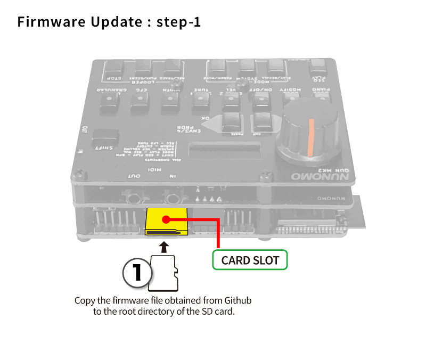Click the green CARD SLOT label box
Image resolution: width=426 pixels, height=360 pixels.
click(250, 260)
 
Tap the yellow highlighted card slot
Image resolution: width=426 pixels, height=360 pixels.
click(167, 222)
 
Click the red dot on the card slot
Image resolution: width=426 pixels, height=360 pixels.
click(167, 219)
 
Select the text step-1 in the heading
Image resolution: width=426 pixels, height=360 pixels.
click(178, 23)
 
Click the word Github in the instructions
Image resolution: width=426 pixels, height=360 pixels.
click(238, 300)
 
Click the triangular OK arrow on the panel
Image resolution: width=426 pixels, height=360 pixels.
click(211, 126)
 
